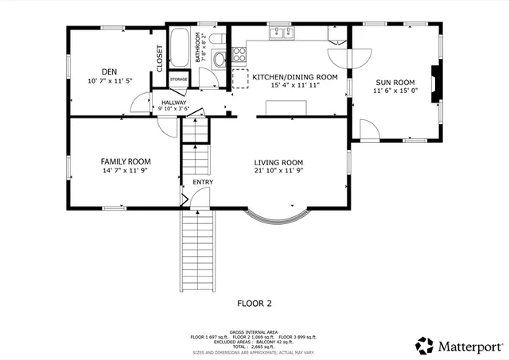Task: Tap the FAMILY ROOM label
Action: click(x=125, y=161)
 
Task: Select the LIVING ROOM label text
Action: click(x=278, y=161)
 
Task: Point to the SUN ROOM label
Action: click(x=394, y=82)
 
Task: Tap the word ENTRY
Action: click(x=203, y=182)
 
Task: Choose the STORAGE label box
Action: click(x=178, y=79)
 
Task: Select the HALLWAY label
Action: click(x=173, y=103)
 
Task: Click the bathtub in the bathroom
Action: click(x=179, y=48)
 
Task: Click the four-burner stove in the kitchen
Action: click(x=239, y=56)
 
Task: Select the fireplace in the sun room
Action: click(x=434, y=83)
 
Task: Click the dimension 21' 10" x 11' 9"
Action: click(x=278, y=170)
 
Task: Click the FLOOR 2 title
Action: click(x=254, y=303)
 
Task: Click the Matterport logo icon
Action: click(x=425, y=346)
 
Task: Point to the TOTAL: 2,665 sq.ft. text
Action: click(x=254, y=346)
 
